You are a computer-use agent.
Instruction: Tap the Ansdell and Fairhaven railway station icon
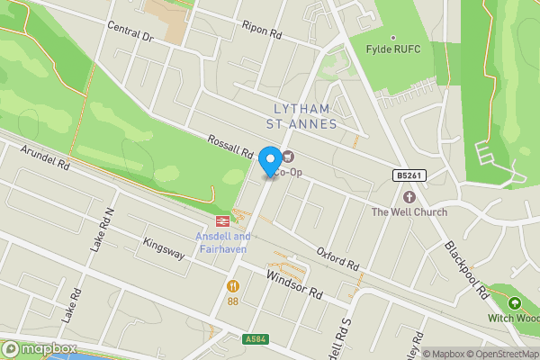click(221, 221)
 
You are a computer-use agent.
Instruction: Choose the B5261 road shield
click(407, 175)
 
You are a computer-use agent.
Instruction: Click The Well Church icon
click(409, 196)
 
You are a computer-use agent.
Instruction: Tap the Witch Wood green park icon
click(515, 302)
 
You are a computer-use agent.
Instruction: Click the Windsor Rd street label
click(293, 285)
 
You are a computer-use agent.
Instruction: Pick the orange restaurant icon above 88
click(233, 285)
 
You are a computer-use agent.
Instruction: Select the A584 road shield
click(256, 339)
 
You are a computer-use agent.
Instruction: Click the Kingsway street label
click(164, 248)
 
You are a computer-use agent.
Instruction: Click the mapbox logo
click(38, 348)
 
